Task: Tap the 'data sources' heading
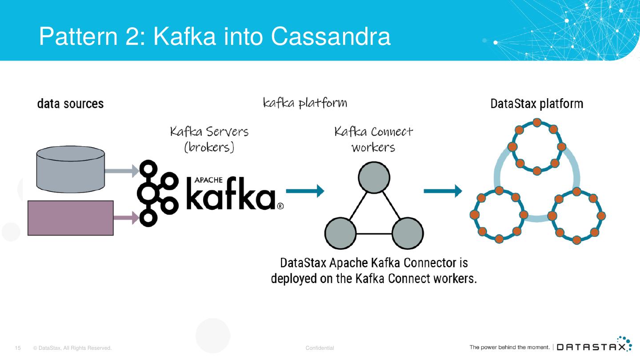coord(70,104)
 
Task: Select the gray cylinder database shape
coord(70,169)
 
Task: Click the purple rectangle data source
coord(70,218)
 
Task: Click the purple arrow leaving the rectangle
coord(126,218)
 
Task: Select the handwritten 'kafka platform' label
coord(305,103)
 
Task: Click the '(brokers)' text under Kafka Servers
coord(209,147)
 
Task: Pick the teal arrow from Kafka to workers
coord(305,192)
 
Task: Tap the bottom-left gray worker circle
coord(340,233)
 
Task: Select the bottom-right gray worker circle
coord(408,233)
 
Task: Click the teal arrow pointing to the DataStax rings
coord(443,192)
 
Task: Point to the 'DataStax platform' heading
coord(536,104)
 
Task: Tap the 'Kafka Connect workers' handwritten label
coord(373,139)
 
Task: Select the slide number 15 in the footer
coord(18,348)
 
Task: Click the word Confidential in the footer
coord(320,348)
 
